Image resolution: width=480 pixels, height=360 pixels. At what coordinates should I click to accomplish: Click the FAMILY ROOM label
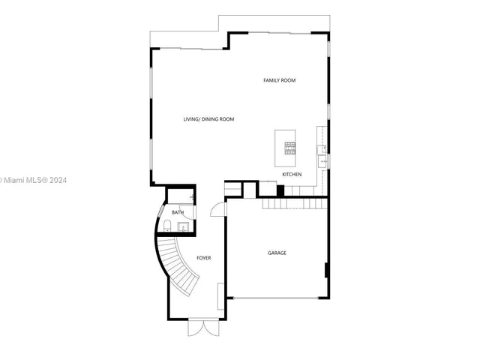[x=278, y=80]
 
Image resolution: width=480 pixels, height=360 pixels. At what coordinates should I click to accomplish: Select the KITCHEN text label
[x=292, y=175]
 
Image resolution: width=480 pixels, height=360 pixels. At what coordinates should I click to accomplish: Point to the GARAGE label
[x=277, y=253]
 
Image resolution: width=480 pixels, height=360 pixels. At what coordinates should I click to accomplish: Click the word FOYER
[x=203, y=258]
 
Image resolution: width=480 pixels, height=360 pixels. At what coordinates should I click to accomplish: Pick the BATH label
[x=178, y=212]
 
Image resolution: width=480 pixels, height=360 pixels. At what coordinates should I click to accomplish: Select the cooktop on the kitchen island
[x=289, y=146]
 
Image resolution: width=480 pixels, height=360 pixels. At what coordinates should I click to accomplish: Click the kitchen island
[x=285, y=148]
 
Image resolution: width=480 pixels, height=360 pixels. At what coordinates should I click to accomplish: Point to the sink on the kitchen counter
[x=323, y=159]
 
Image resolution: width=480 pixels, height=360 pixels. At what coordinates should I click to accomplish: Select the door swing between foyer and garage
[x=217, y=209]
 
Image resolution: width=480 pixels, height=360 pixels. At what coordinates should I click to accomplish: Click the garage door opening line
[x=277, y=298]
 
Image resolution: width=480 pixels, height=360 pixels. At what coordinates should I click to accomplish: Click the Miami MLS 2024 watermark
[x=34, y=180]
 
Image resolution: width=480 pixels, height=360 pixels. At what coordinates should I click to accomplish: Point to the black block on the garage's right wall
[x=325, y=269]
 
